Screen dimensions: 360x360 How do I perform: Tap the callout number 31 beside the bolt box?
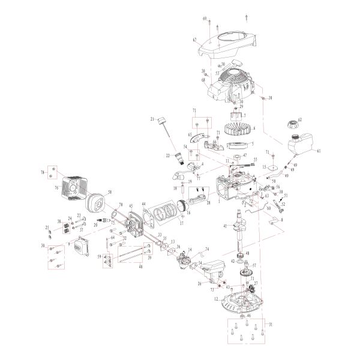[271, 325]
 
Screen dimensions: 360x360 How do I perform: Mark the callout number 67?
[194, 40]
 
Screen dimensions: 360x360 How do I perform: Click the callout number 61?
[319, 151]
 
